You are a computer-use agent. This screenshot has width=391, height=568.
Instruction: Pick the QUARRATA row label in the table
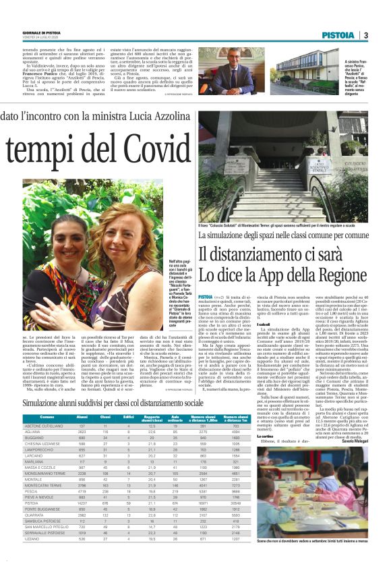click(x=34, y=515)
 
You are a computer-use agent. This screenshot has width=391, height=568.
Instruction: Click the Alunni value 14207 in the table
click(x=82, y=502)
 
